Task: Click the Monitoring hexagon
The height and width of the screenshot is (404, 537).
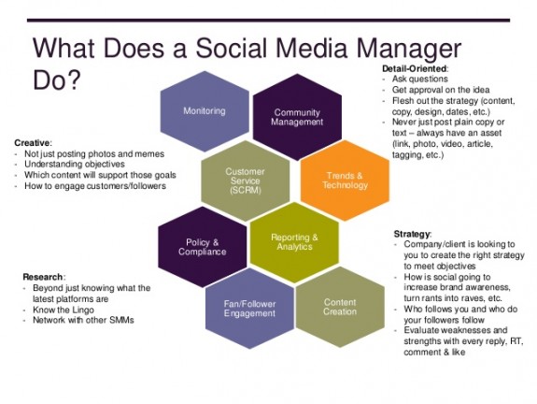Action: (204, 111)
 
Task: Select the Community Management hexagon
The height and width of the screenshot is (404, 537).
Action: (297, 117)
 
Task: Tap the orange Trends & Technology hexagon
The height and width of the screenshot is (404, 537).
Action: (345, 180)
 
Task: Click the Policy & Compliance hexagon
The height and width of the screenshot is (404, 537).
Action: (203, 246)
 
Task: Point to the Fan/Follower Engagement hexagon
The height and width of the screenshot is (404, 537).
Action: (248, 309)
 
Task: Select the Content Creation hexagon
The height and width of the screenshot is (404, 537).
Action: (340, 308)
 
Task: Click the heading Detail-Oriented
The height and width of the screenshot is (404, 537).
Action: (415, 69)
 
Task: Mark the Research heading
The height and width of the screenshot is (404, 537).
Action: (43, 277)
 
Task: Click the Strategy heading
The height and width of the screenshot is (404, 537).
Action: (413, 232)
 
